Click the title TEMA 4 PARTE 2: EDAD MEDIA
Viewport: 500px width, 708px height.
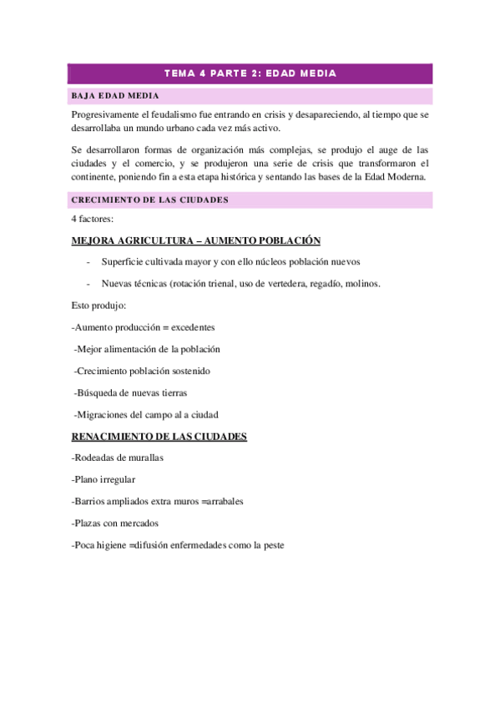pos(250,73)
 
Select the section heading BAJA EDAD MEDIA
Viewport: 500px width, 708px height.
pos(115,95)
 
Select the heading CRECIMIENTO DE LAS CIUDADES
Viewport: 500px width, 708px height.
pos(150,200)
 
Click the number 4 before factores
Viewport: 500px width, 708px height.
pos(75,219)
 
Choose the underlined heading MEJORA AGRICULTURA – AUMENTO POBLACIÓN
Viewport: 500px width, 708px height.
pos(196,240)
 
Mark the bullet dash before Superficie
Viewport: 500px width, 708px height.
pos(88,262)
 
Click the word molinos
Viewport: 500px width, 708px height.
pos(362,283)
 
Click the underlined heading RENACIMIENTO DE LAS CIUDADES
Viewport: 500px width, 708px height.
pos(159,436)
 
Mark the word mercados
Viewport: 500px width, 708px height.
pos(138,523)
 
